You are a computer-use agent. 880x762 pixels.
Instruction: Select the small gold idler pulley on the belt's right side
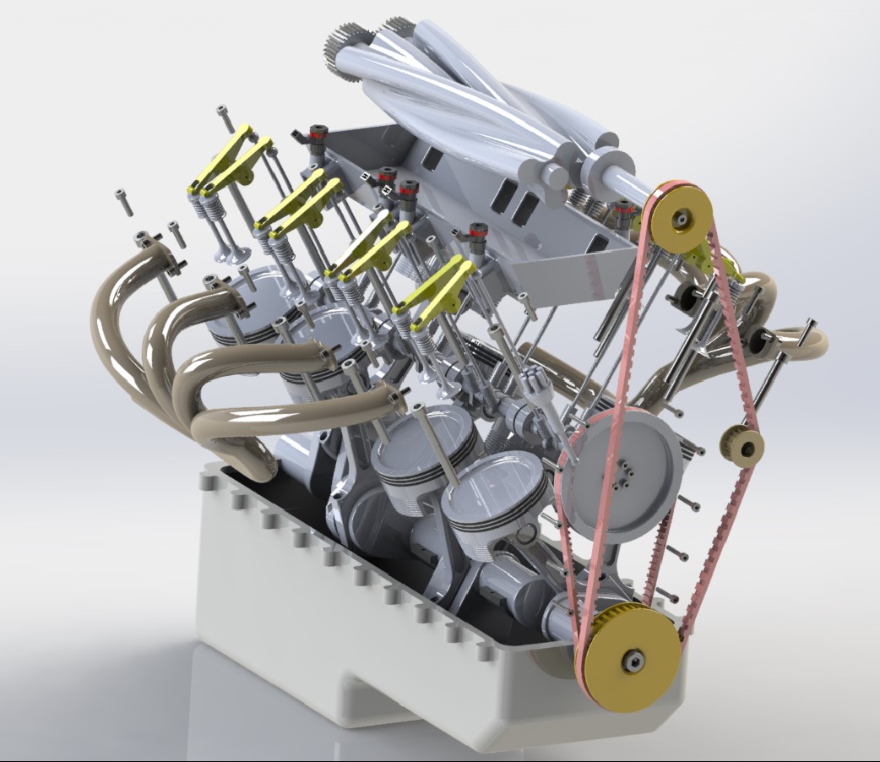(741, 445)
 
